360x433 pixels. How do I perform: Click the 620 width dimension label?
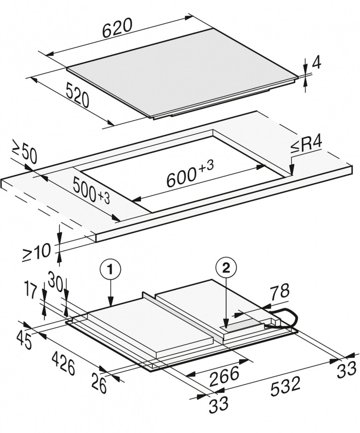pos(118,28)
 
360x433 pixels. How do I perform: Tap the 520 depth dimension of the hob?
pos(78,95)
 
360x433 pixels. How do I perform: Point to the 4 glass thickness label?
pos(316,63)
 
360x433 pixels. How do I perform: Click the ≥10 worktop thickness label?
pos(37,252)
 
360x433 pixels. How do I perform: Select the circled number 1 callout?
pos(111,269)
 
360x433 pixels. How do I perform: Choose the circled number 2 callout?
pos(226,268)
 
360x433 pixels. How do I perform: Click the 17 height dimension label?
pos(30,289)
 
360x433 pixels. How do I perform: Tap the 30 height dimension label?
pos(55,282)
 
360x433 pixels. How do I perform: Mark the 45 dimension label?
pos(24,340)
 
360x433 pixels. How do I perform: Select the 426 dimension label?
pos(63,362)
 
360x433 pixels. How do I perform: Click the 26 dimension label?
pos(99,383)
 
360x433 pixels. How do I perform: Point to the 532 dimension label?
pos(285,386)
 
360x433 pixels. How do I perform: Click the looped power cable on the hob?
pos(287,318)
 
